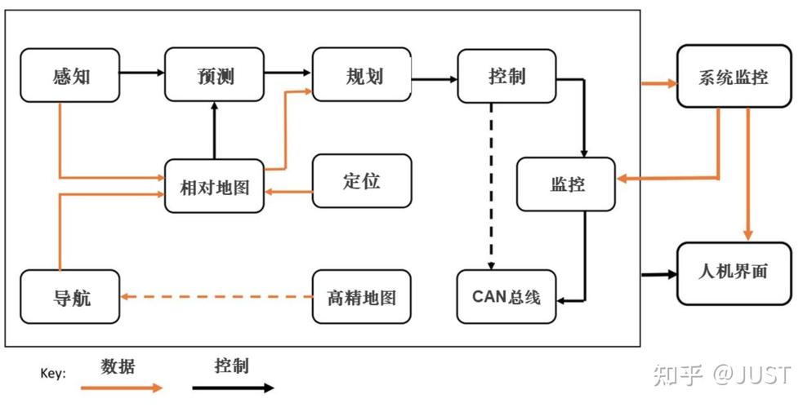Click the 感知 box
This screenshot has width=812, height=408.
[x=69, y=76]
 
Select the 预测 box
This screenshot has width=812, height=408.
[x=215, y=76]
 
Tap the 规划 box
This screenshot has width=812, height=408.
[x=362, y=76]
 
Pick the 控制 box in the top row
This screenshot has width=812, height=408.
[x=506, y=76]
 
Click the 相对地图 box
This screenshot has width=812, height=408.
[x=215, y=186]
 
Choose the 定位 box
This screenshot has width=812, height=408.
[x=362, y=181]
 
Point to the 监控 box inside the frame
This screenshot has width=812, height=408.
[x=566, y=184]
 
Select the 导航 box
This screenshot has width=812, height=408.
[x=69, y=296]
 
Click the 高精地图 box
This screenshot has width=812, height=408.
[x=362, y=296]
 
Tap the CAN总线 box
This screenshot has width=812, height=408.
[x=506, y=297]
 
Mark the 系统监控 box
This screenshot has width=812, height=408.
[x=734, y=77]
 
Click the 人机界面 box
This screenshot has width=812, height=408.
[x=734, y=273]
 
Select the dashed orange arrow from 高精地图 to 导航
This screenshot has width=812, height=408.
[x=216, y=297]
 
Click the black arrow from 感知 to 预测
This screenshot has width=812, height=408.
[x=142, y=73]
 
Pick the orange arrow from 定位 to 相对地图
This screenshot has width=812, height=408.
[x=289, y=193]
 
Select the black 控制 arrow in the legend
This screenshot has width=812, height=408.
[x=233, y=388]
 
